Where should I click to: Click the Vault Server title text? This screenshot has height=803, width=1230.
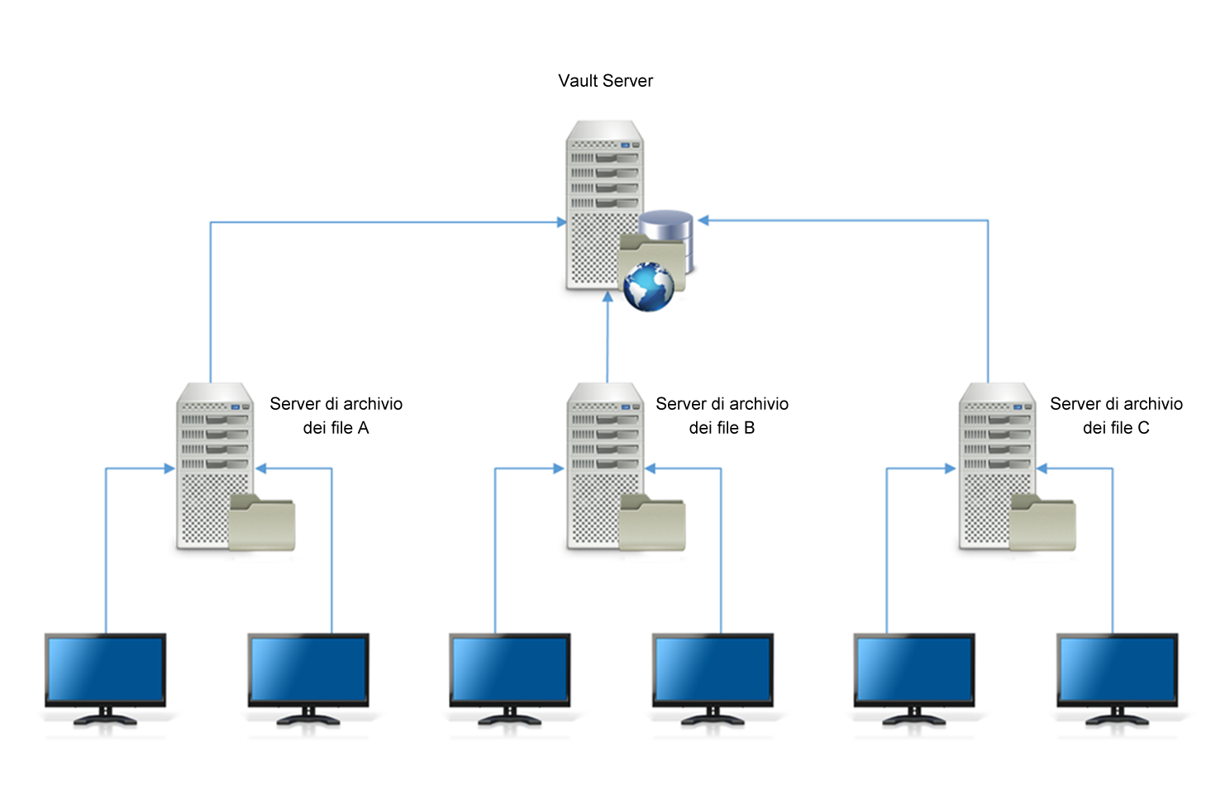[x=605, y=81]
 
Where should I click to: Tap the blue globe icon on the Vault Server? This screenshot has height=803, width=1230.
[x=649, y=287]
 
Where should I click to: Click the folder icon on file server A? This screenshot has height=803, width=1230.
[x=262, y=523]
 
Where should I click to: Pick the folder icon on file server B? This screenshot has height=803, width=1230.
[x=652, y=523]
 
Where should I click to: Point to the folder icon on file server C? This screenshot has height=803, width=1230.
[x=1043, y=523]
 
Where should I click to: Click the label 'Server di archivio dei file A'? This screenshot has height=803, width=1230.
[x=336, y=416]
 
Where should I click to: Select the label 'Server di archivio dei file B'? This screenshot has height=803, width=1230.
[x=722, y=416]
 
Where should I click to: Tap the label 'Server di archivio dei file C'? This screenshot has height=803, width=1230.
[x=1116, y=416]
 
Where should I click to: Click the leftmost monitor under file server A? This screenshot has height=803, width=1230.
[x=105, y=671]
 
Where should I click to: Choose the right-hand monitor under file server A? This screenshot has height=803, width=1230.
[x=308, y=671]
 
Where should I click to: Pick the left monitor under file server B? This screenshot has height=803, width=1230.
[x=509, y=671]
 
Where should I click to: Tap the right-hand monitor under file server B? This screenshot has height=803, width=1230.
[x=713, y=671]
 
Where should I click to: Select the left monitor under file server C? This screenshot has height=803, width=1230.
[x=913, y=671]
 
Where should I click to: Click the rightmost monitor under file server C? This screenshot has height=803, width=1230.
[x=1117, y=671]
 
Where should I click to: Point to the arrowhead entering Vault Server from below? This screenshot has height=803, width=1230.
[x=608, y=297]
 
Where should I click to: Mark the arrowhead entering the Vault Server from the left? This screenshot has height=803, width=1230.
[x=561, y=222]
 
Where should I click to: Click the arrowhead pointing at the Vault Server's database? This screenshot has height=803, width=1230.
[x=703, y=221]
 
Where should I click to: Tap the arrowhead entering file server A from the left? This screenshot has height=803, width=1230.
[x=169, y=468]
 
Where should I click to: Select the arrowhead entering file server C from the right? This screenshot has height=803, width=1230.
[x=1042, y=468]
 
